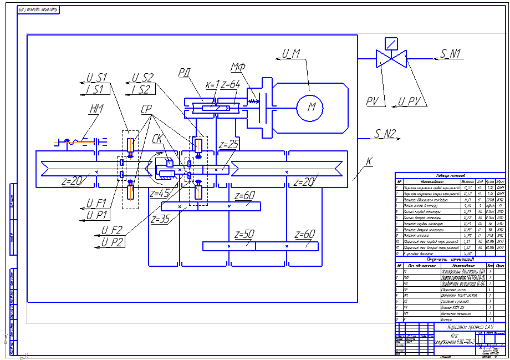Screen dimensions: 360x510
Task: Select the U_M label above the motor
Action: pyautogui.click(x=291, y=54)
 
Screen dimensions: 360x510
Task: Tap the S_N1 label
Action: pyautogui.click(x=452, y=54)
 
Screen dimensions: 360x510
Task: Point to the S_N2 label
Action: pyautogui.click(x=385, y=133)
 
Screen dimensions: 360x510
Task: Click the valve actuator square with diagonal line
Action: pyautogui.click(x=391, y=42)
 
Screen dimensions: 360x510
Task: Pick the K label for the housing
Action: pyautogui.click(x=369, y=161)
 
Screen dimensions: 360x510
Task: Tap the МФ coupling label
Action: pyautogui.click(x=238, y=68)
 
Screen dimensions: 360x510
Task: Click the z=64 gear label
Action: pyautogui.click(x=230, y=85)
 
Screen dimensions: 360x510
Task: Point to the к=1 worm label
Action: pyautogui.click(x=212, y=85)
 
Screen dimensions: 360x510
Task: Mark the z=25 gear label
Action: pyautogui.click(x=228, y=145)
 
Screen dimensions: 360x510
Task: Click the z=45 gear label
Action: pyautogui.click(x=159, y=194)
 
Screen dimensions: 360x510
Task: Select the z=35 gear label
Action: pyautogui.click(x=160, y=219)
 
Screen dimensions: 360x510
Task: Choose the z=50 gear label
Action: pyautogui.click(x=244, y=233)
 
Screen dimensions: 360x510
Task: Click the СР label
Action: pyautogui.click(x=147, y=110)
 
